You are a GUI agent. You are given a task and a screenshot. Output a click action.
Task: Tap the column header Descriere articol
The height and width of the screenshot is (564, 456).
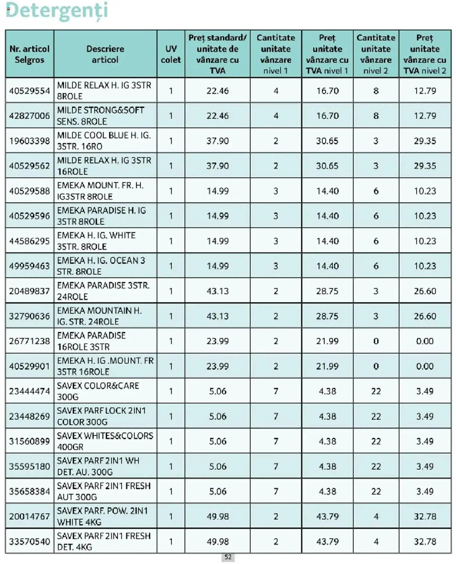click(x=105, y=54)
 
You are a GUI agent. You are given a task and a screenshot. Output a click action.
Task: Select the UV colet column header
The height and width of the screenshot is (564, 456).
click(x=171, y=54)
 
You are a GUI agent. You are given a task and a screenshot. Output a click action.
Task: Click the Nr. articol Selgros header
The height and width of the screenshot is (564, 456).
click(x=30, y=54)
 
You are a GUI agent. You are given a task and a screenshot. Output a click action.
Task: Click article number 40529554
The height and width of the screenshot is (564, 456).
click(x=30, y=91)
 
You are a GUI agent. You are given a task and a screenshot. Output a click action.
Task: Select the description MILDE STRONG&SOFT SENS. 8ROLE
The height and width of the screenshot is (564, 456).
click(x=101, y=116)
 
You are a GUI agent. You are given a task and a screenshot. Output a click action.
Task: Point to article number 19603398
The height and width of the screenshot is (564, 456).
click(x=30, y=141)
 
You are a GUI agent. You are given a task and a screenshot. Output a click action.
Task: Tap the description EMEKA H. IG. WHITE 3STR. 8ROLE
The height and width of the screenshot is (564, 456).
click(x=96, y=241)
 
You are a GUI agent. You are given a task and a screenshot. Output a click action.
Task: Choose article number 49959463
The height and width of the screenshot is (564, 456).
click(x=30, y=266)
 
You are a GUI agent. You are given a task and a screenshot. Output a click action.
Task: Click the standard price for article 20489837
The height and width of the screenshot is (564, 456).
click(x=217, y=291)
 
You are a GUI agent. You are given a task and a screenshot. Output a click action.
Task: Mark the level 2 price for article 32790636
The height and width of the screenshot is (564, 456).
click(x=425, y=316)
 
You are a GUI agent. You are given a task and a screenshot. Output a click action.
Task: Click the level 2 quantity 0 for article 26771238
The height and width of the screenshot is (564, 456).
click(x=376, y=341)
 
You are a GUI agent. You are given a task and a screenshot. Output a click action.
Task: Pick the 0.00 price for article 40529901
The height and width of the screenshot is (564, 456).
click(x=425, y=366)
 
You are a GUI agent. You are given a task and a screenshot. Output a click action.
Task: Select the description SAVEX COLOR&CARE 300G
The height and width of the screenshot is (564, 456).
click(x=98, y=391)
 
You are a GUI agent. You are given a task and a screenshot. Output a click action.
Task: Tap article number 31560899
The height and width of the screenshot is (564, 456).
click(x=30, y=441)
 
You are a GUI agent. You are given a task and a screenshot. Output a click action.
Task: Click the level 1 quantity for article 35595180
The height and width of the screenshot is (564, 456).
click(x=276, y=466)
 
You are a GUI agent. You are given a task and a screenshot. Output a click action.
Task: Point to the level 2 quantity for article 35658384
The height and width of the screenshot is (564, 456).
click(x=376, y=492)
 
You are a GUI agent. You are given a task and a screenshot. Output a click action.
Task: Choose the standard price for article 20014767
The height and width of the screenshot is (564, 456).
click(x=217, y=516)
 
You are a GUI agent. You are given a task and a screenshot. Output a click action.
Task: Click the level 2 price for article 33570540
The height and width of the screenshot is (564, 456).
click(x=425, y=541)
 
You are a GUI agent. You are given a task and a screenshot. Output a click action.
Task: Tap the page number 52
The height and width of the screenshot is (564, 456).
click(x=228, y=557)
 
